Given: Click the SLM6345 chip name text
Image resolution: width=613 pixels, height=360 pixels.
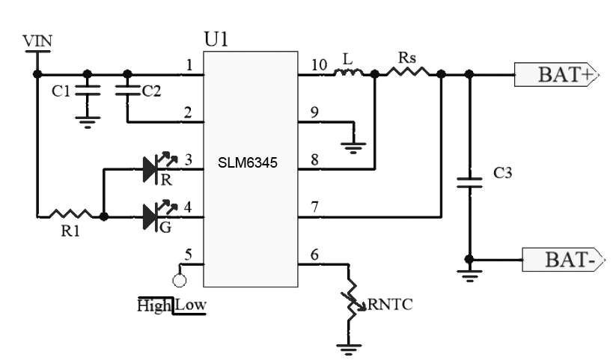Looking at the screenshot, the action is [248, 162].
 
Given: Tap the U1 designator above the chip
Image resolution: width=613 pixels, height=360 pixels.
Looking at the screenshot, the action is [216, 39].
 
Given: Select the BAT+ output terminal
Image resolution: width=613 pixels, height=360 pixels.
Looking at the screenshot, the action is [556, 74].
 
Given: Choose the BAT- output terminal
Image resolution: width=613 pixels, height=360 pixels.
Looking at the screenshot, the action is [564, 259].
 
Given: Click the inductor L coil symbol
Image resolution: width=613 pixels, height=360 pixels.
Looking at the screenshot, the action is [348, 73].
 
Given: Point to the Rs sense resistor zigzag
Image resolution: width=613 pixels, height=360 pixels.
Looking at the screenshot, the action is [408, 72].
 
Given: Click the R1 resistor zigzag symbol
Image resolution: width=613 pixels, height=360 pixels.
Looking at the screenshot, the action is [70, 214].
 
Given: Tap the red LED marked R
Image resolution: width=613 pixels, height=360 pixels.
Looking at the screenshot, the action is [159, 165].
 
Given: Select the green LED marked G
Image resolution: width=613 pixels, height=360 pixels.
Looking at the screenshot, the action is [159, 214].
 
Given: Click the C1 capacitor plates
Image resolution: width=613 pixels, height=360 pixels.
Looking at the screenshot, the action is [88, 91].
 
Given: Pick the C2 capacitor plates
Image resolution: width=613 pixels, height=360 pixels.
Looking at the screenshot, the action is [127, 91].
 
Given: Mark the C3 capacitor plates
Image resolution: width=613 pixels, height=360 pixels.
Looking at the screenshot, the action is [469, 183].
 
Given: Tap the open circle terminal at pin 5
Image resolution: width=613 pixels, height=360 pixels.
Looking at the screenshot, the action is [180, 280].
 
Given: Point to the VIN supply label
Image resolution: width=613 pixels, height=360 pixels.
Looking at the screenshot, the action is [37, 41].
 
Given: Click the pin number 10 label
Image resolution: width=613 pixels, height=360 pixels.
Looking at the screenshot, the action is [319, 65].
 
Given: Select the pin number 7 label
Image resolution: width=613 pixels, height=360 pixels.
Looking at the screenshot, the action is [314, 207].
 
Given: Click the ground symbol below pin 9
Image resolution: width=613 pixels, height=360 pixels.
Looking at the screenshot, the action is [354, 148].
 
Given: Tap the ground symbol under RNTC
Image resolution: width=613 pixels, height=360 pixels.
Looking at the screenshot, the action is [349, 349].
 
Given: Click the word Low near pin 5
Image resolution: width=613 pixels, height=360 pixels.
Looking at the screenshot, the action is [190, 305].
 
